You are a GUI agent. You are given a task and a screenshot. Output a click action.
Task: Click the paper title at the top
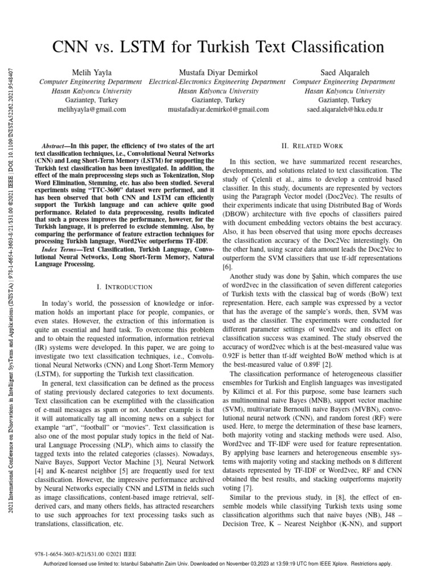click(x=218, y=46)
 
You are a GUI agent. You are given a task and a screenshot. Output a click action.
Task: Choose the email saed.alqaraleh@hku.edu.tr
click(x=345, y=109)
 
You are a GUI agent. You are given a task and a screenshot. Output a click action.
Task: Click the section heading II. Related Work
click(x=312, y=146)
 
